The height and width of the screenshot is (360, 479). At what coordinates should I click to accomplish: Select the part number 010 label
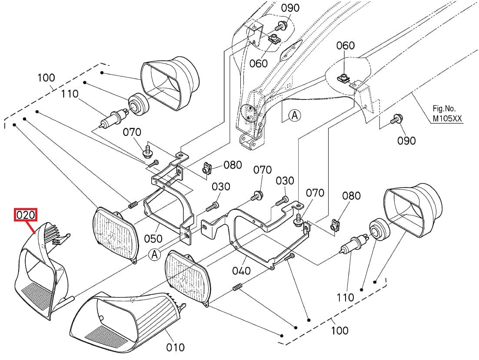click(175, 347)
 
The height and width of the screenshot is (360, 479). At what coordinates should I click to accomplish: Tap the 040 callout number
click(241, 271)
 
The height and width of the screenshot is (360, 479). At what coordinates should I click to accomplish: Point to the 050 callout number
click(153, 238)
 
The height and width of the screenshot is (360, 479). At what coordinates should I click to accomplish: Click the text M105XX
click(447, 119)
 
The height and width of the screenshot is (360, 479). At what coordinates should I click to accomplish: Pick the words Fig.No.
click(444, 109)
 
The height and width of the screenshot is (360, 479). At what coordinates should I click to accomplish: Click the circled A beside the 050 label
click(155, 254)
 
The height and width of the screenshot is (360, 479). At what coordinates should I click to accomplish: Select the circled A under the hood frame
click(295, 115)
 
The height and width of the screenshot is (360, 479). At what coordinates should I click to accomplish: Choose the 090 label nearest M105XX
click(406, 141)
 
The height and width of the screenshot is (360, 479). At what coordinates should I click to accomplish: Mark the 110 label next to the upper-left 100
click(70, 94)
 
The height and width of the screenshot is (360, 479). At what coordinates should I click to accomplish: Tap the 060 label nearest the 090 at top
click(259, 63)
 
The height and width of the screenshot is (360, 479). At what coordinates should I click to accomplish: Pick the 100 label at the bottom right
click(339, 330)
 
